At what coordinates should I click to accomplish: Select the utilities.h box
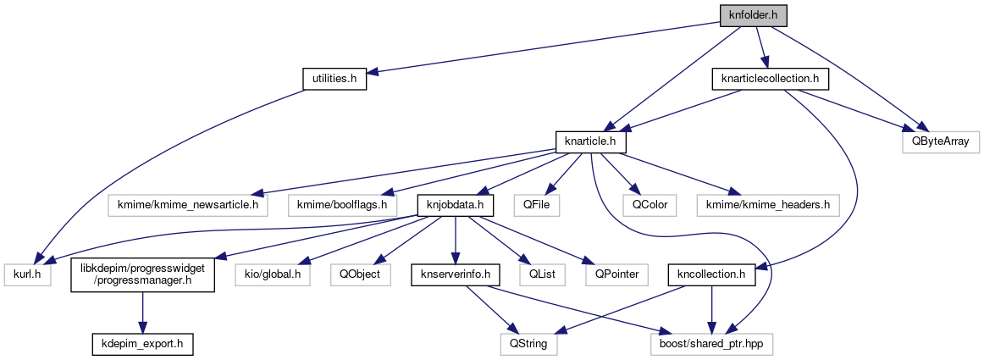click(x=334, y=79)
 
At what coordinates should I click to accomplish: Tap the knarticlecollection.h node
click(x=769, y=79)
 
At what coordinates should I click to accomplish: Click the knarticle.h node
click(x=589, y=141)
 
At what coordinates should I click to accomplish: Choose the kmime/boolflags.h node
click(x=342, y=204)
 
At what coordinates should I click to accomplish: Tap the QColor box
click(x=641, y=204)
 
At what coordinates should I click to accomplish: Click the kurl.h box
click(x=29, y=274)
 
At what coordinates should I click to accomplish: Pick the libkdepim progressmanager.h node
click(x=142, y=274)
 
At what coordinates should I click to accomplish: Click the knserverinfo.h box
click(x=456, y=274)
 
